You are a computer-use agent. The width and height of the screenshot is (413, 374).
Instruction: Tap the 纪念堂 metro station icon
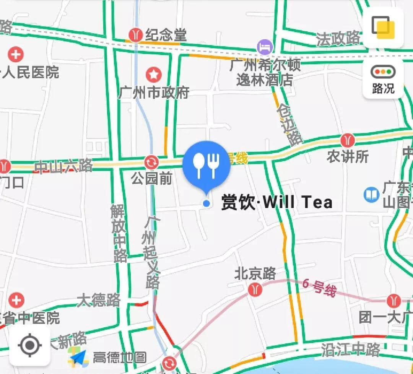click(x=135, y=35)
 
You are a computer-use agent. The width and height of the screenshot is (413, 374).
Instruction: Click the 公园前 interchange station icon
click(x=151, y=162)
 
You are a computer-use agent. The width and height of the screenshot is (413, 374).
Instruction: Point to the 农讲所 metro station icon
click(x=347, y=140)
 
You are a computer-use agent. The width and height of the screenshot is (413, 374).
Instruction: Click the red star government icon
click(x=153, y=75)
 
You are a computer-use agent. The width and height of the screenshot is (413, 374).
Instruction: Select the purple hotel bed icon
click(x=265, y=47)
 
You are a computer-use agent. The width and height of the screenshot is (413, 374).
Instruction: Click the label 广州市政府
click(x=154, y=93)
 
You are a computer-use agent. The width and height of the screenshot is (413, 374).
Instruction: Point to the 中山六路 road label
click(x=63, y=166)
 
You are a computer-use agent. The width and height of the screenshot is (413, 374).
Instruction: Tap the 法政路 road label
click(x=338, y=38)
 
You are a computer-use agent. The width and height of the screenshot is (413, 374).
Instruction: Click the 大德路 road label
click(x=99, y=300)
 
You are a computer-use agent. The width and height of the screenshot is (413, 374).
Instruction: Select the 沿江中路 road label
click(x=351, y=349)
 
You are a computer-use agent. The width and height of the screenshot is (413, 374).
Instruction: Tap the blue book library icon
click(x=371, y=195)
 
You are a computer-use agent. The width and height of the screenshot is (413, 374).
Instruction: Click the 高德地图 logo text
click(x=119, y=358)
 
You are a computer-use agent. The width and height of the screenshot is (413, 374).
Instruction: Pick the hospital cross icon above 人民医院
click(x=16, y=54)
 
